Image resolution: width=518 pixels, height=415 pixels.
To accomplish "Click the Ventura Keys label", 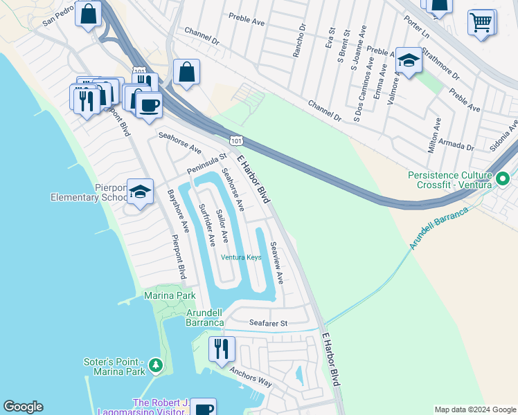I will pyautogui.click(x=241, y=257).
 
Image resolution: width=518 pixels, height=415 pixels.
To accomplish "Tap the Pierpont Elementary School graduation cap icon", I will pyautogui.click(x=141, y=194).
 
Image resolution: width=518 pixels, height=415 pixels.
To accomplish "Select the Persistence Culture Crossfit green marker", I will pyautogui.click(x=503, y=178).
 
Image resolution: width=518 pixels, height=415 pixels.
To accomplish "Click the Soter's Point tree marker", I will pyautogui.click(x=155, y=365).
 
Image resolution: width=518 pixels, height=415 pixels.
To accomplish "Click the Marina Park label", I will pyautogui.click(x=170, y=296).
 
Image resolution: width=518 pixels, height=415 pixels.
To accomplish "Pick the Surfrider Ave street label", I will pyautogui.click(x=206, y=226).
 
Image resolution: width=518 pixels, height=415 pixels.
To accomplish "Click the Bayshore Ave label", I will pyautogui.click(x=178, y=211).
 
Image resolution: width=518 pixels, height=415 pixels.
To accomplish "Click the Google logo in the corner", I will pyautogui.click(x=23, y=407).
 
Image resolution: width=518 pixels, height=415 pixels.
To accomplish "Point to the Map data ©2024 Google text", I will pyautogui.click(x=474, y=409).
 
